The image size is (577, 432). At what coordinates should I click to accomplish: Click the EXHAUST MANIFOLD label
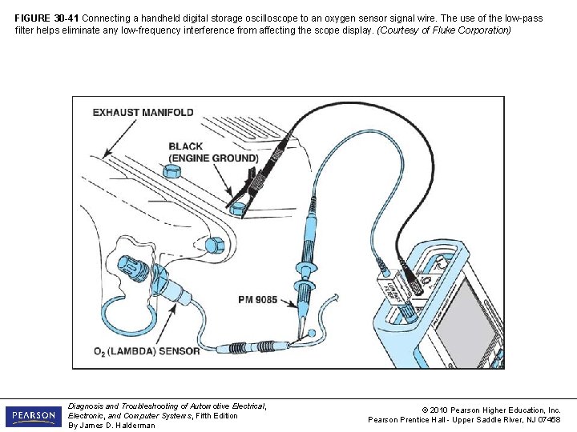(x=143, y=113)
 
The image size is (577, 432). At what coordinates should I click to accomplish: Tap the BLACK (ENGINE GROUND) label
(x=213, y=152)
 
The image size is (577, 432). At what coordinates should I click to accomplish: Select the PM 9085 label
(x=257, y=300)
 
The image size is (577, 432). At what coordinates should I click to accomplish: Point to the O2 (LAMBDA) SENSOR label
(x=146, y=350)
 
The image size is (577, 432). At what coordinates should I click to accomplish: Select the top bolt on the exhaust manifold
(x=171, y=172)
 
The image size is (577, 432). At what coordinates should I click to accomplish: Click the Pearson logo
(x=33, y=416)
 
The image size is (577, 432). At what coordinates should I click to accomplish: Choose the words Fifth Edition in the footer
(x=212, y=415)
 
